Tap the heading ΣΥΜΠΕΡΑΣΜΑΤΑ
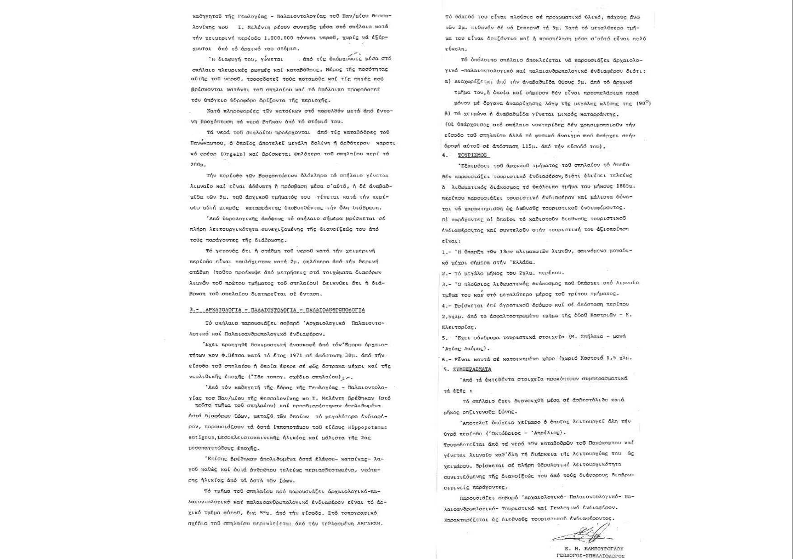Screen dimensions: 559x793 472,369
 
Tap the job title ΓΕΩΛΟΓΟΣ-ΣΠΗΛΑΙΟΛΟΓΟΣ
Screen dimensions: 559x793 591,556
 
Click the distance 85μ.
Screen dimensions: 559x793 281,513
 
